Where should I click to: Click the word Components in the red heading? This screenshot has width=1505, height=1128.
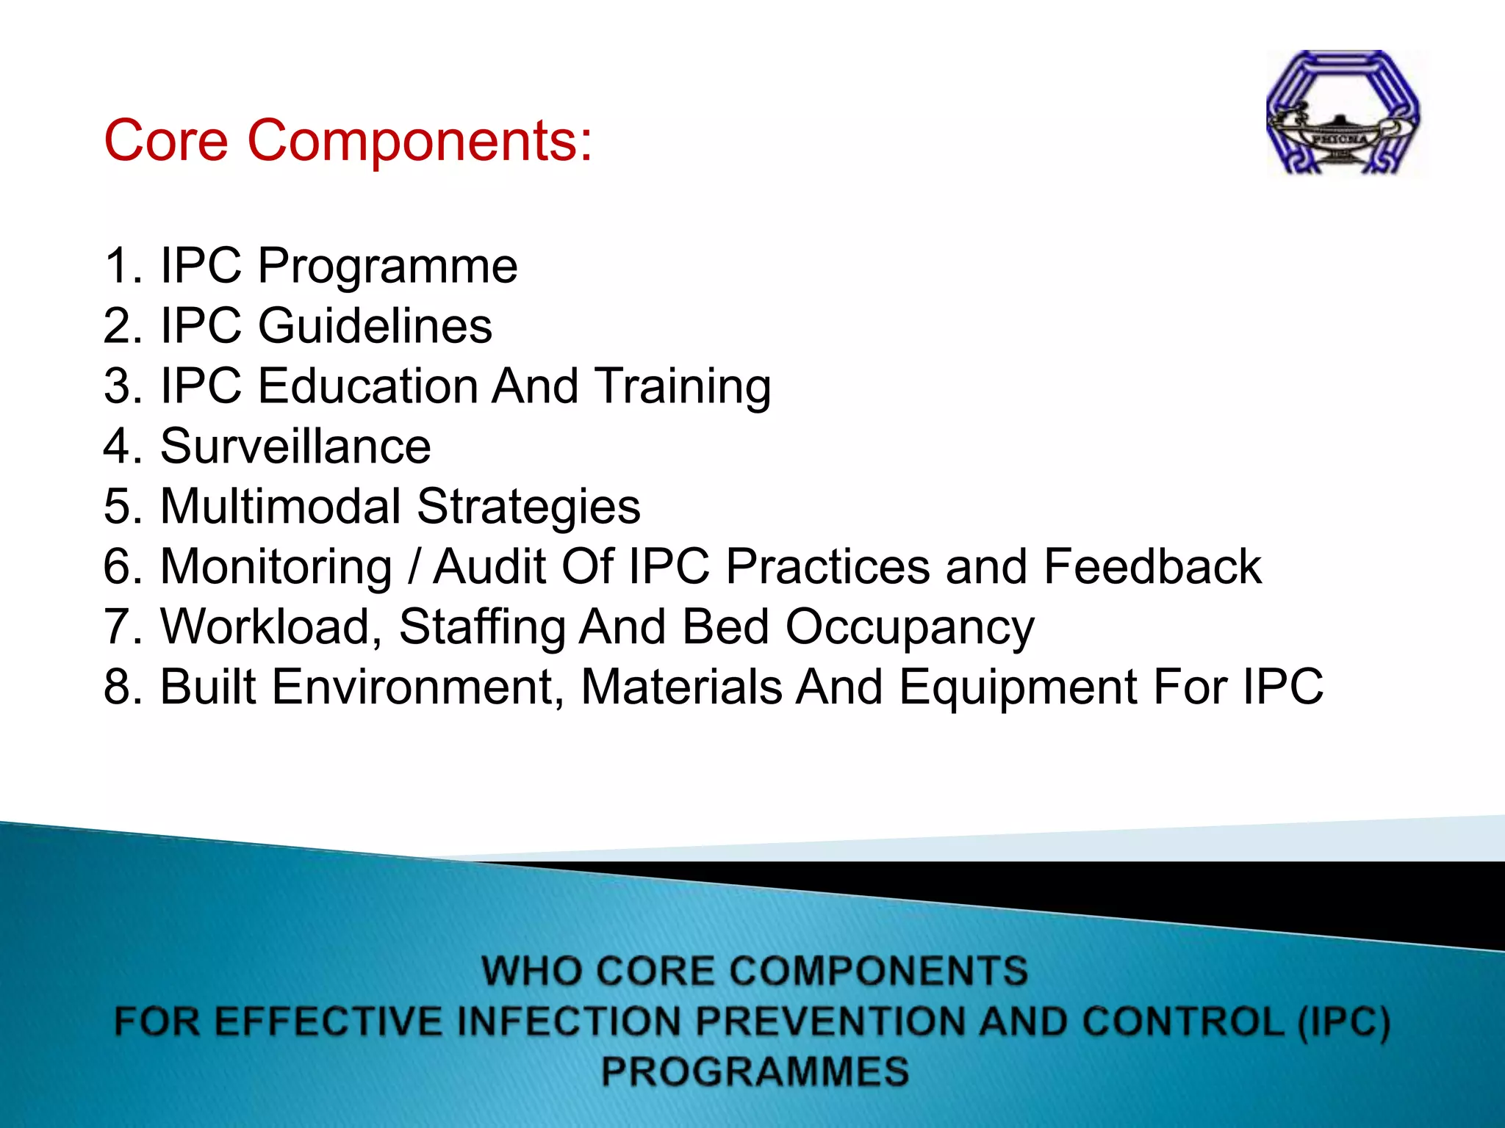tap(420, 140)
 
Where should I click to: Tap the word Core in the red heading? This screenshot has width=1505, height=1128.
tap(166, 140)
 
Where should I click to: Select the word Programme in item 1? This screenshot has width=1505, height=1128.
tap(387, 266)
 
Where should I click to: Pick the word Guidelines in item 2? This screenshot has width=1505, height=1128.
tap(375, 326)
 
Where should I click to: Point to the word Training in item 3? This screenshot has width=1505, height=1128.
tap(683, 388)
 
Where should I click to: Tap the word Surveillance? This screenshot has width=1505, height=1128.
tap(295, 446)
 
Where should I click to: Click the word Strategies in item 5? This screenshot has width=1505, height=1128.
tap(528, 508)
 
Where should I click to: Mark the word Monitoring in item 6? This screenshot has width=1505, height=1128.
tap(276, 568)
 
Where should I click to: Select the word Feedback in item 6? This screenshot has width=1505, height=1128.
tap(1152, 567)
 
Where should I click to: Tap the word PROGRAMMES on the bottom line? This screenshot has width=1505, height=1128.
tap(755, 1071)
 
